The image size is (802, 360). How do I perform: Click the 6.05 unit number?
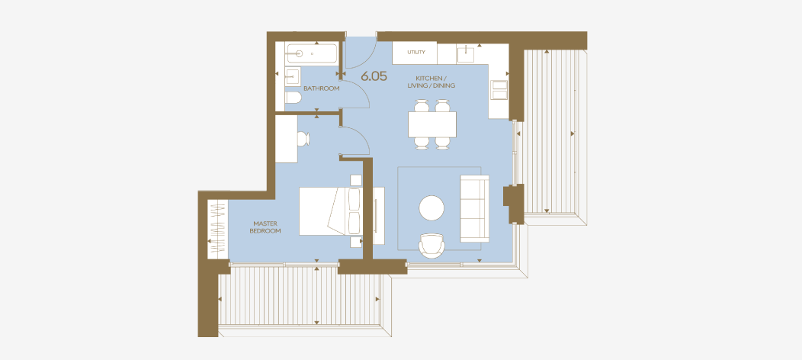(374, 76)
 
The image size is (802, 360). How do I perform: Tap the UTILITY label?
(415, 53)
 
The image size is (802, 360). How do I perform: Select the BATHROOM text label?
(321, 88)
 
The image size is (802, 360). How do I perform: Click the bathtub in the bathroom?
(312, 53)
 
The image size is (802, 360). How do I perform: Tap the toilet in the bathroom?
(293, 99)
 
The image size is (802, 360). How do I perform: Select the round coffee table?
(431, 208)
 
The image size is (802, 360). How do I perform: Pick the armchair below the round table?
(433, 245)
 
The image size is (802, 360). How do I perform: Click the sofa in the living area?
(474, 208)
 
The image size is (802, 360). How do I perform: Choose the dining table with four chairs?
(432, 124)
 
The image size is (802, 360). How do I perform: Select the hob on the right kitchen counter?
(500, 90)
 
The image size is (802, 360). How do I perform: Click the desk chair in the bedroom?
(302, 139)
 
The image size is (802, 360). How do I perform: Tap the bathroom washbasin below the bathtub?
(292, 76)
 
